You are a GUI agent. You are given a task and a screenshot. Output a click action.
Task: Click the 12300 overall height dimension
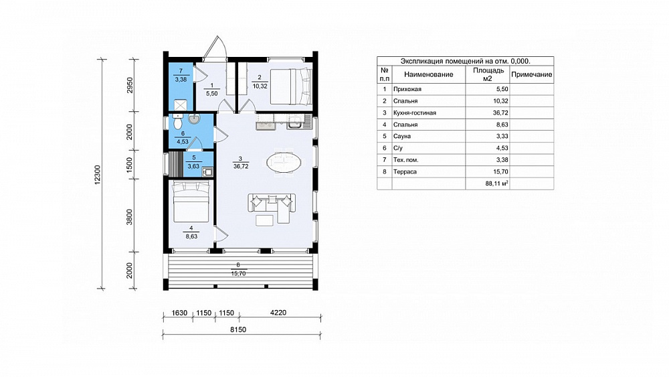click(x=98, y=175)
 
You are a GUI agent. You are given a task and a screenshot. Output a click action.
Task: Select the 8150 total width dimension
click(x=238, y=329)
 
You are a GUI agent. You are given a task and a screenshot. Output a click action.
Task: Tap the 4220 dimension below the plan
click(x=278, y=313)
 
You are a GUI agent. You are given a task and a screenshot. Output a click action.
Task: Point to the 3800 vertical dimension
click(x=130, y=217)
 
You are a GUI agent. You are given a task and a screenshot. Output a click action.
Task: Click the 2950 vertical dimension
click(x=130, y=85)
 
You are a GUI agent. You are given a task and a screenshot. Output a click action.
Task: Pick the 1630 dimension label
click(x=179, y=313)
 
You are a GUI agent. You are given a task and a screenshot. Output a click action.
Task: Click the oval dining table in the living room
click(x=284, y=162)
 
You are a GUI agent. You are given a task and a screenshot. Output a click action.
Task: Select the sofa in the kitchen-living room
click(x=272, y=208)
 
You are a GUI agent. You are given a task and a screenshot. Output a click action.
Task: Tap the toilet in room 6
click(x=177, y=121)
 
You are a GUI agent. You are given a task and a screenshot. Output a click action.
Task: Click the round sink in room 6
click(x=194, y=119)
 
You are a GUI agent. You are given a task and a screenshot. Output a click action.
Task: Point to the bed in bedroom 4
click(x=191, y=201)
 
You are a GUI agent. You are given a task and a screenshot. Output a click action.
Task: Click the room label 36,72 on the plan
click(x=241, y=167)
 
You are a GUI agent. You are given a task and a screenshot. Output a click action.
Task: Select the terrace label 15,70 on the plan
click(x=239, y=273)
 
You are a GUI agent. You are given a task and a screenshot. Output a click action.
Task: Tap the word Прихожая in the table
click(x=407, y=89)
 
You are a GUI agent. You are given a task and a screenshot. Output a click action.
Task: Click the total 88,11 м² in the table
click(x=496, y=183)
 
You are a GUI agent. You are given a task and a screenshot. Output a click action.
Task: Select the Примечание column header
click(x=532, y=74)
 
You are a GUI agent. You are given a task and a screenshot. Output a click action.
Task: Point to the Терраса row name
click(x=405, y=171)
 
